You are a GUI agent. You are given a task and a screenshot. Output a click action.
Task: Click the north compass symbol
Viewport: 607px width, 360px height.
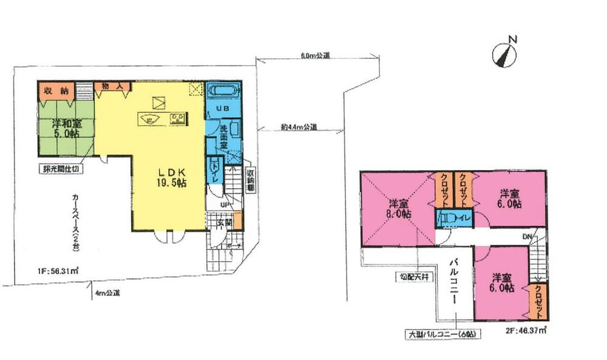coord(505,53)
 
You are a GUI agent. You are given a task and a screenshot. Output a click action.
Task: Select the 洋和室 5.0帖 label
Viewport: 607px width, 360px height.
coord(65,129)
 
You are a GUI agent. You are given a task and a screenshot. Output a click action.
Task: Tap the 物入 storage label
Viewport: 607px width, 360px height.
coord(110,87)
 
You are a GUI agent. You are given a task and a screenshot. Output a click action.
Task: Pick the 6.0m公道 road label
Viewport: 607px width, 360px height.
coord(315,56)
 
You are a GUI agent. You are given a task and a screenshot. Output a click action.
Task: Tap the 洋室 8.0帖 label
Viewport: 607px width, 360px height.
coord(398,208)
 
